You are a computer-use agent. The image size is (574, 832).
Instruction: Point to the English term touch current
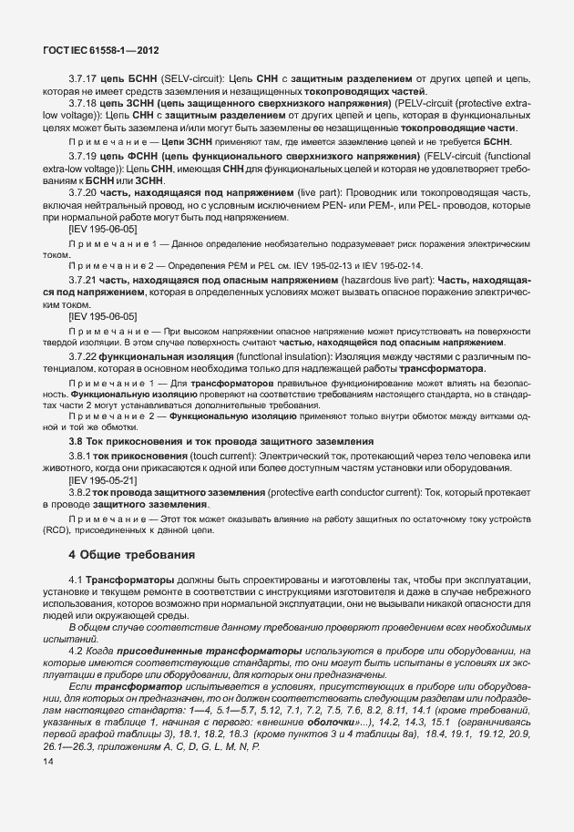(220, 455)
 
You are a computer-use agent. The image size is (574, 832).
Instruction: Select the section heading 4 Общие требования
(131, 554)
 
